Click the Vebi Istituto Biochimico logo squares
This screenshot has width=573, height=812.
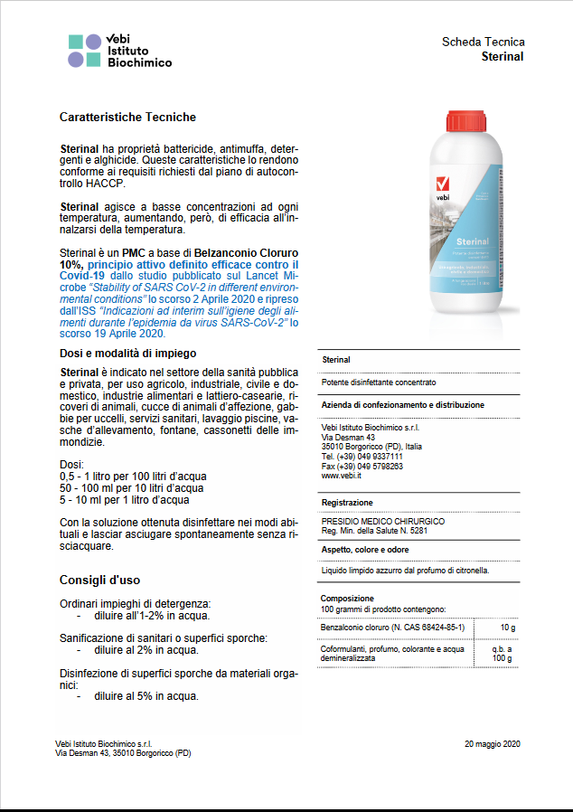tap(85, 51)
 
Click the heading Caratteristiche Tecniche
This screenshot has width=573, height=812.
tap(127, 118)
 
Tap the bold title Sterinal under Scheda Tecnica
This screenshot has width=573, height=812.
tap(503, 56)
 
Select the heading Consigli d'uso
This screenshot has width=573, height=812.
tap(99, 580)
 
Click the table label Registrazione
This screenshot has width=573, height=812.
tap(347, 502)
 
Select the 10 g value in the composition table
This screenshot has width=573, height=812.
tap(507, 627)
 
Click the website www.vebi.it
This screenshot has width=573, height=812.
tap(342, 475)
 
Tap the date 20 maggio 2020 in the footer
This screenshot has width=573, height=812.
tap(493, 743)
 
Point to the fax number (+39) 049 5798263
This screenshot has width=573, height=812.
tap(362, 466)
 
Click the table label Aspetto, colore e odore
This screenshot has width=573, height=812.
tap(365, 550)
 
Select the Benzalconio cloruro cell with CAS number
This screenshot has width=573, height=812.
tap(392, 627)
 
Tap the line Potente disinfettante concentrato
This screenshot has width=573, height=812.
tap(379, 382)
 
